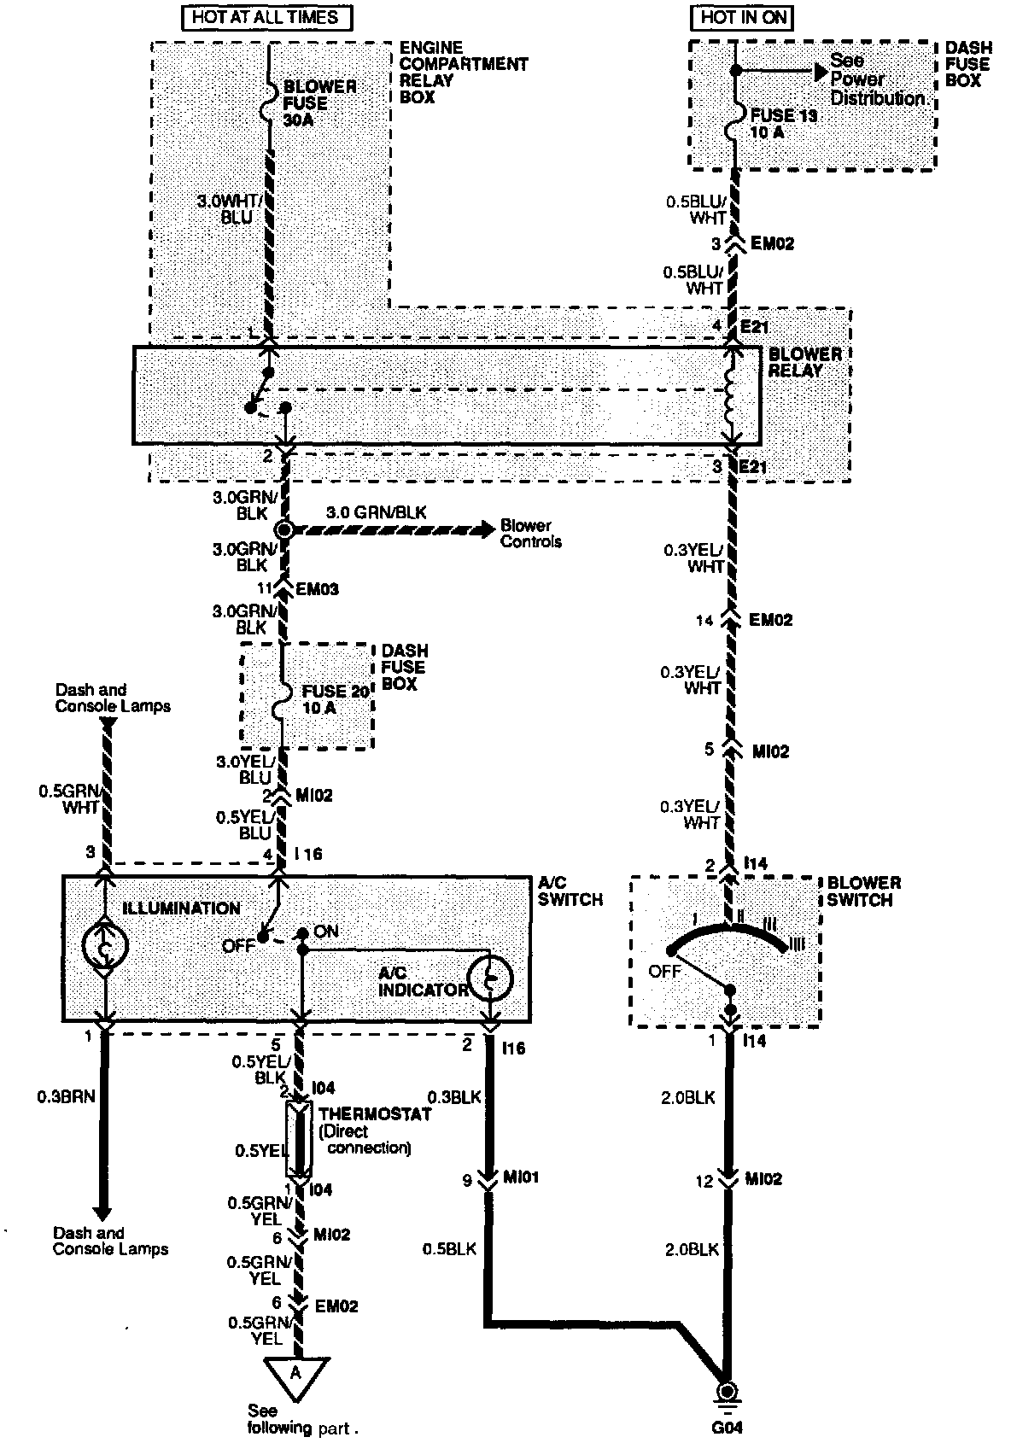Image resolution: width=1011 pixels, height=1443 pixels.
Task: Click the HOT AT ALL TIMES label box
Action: click(x=266, y=17)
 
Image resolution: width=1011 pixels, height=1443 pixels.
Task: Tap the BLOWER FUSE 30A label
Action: click(x=318, y=102)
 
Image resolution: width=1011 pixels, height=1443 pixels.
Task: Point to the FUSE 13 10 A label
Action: click(x=783, y=124)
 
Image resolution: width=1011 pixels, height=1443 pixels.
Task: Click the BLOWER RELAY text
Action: click(x=805, y=362)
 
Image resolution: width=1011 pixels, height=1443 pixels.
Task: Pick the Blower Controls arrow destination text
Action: click(x=530, y=533)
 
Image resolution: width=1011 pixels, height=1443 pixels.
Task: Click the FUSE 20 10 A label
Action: click(x=335, y=699)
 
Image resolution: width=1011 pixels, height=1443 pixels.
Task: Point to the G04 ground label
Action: click(x=728, y=1427)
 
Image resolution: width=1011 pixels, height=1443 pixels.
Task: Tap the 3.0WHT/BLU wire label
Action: click(x=225, y=208)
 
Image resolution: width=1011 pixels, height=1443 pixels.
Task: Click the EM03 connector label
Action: click(x=318, y=589)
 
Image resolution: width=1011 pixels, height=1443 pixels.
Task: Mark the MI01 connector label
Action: click(x=520, y=1177)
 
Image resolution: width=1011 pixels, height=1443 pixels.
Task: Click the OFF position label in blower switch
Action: click(x=664, y=971)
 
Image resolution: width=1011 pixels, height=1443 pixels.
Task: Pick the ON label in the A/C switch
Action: click(x=326, y=931)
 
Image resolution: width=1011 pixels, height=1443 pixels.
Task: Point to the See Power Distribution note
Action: click(x=878, y=79)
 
